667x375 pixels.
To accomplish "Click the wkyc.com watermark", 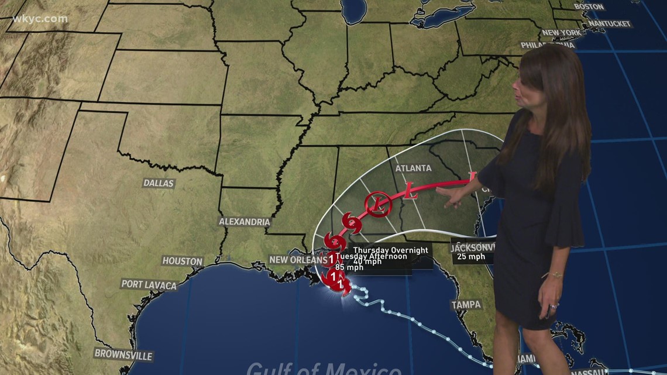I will tap(40, 19).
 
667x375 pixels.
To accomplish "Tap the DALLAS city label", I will tap(159, 183).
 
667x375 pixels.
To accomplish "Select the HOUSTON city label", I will tap(183, 262).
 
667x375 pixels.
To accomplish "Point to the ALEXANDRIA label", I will tap(245, 222).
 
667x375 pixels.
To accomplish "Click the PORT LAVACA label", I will tap(149, 285).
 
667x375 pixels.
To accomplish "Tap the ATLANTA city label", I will tap(413, 168).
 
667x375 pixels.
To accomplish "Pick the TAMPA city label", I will tap(466, 305).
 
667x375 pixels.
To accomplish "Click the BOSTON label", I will tap(588, 6).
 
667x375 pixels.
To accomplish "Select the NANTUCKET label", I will tap(610, 24).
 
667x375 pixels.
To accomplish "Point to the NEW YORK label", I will tap(561, 33).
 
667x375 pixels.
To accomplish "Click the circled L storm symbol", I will tap(378, 204).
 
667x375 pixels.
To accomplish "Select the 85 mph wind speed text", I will tap(350, 268).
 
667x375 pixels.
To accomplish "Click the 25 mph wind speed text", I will tap(472, 256).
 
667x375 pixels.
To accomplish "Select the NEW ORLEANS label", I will tap(298, 260).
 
